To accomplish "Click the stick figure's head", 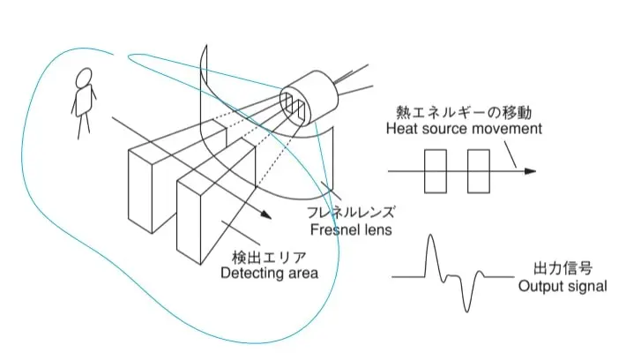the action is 84,78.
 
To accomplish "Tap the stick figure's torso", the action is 85,101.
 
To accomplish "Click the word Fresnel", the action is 334,229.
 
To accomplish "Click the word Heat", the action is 400,129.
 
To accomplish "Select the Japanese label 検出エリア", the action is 269,258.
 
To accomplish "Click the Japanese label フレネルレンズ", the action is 351,212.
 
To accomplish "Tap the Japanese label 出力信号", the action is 563,268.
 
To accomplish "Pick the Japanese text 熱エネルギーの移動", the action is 464,113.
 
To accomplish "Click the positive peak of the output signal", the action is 430,235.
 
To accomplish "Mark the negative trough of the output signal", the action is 467,311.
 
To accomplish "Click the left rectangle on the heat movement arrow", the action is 436,171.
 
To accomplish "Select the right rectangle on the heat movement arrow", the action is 479,171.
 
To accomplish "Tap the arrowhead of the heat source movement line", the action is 530,171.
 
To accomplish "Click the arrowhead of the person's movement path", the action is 266,215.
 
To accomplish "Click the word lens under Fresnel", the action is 376,229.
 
